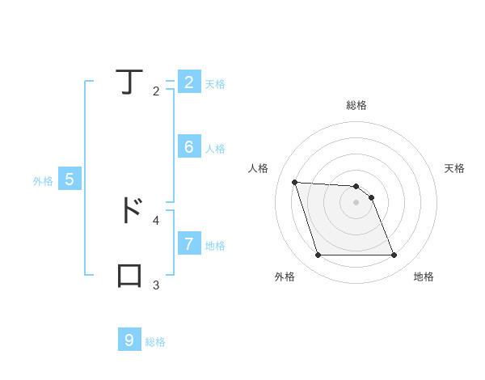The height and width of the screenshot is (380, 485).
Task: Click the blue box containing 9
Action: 129,340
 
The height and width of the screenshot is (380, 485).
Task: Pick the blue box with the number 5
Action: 70,179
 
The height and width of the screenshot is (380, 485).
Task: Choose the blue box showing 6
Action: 188,147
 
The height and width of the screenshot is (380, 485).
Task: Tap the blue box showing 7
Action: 188,243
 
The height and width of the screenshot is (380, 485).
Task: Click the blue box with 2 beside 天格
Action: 188,82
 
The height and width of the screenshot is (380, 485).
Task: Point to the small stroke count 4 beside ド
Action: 156,220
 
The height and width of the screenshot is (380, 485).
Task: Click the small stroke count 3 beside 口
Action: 156,285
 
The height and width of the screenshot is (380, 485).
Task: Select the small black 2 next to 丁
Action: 156,91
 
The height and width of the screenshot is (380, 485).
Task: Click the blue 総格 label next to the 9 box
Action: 155,342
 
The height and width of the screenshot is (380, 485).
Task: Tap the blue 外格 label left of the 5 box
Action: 43,182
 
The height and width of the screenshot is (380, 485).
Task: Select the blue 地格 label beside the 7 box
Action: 215,246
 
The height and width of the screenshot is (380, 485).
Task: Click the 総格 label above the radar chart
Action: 356,105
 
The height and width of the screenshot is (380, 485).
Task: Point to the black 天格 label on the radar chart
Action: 454,168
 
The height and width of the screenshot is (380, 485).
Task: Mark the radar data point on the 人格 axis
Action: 295,182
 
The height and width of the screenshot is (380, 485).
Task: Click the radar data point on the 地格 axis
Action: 394,255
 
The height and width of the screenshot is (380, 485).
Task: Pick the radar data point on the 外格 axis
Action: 318,255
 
